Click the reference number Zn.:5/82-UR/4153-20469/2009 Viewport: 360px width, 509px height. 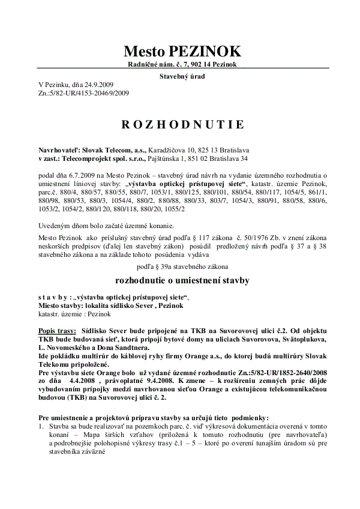point(83,93)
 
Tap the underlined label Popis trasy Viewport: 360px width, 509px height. point(55,331)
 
